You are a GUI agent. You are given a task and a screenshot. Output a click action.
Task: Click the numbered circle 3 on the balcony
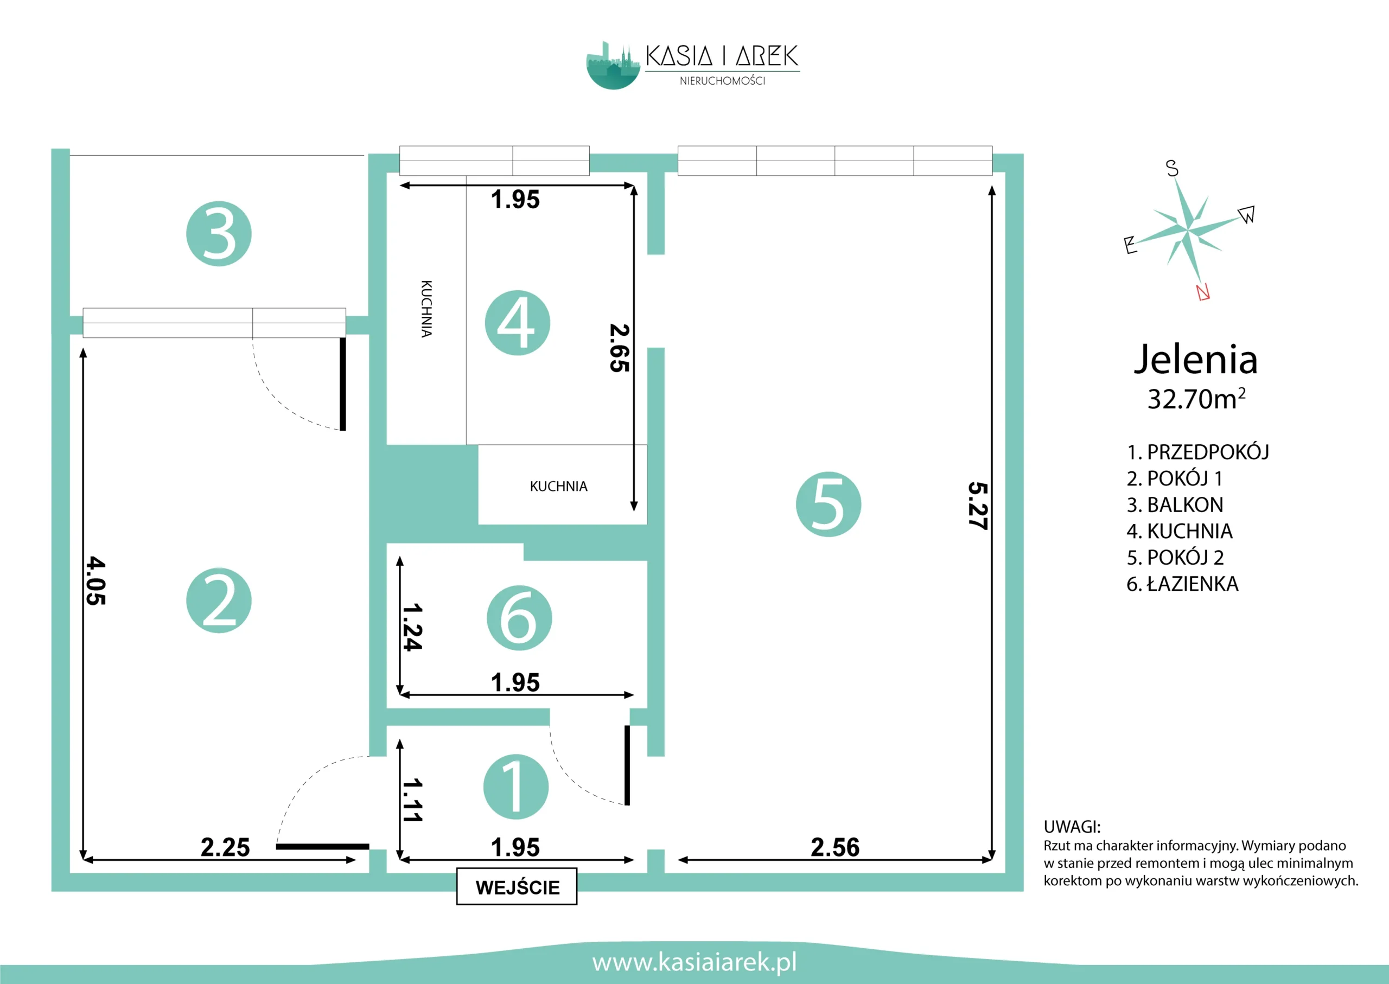(219, 234)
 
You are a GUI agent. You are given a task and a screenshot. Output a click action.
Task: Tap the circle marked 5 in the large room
(829, 504)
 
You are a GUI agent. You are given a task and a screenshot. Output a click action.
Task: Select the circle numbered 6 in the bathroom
(519, 618)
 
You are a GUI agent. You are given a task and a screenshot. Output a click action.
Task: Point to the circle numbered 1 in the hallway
(517, 787)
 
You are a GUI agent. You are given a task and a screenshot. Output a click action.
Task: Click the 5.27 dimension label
(978, 506)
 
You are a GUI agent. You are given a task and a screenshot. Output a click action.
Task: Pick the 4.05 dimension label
(95, 581)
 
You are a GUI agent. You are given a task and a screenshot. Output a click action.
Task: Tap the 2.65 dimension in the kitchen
(620, 348)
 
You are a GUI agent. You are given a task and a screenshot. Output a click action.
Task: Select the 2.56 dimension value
(835, 847)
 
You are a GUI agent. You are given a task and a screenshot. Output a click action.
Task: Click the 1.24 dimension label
(412, 627)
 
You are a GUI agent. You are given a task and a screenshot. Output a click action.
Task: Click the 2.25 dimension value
(225, 847)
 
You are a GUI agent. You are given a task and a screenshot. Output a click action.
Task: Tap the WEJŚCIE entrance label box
(517, 886)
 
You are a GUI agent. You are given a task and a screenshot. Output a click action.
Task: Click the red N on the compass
(1203, 292)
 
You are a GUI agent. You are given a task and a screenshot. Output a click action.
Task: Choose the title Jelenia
(1196, 359)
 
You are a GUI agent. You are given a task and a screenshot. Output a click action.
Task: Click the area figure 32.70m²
(1196, 399)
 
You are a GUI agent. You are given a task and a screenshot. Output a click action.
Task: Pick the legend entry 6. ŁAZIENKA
(1182, 584)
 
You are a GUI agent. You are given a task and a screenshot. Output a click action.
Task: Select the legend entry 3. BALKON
(1175, 504)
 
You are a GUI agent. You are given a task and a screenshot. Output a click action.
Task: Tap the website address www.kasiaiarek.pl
(694, 962)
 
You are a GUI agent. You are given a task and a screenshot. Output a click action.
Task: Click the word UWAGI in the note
(1072, 827)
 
